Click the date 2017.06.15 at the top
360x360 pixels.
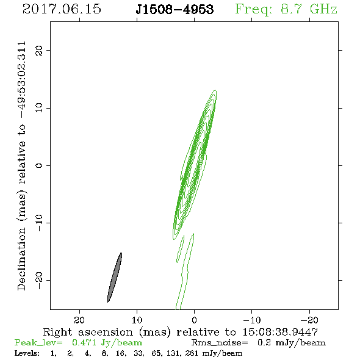pos(62,9)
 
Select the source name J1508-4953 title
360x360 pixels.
pos(175,9)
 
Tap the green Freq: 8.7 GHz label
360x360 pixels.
pos(286,9)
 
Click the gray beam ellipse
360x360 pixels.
pos(115,278)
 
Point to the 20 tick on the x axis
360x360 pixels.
pos(79,320)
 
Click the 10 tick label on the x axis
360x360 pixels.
pos(137,320)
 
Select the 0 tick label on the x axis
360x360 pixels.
pos(194,320)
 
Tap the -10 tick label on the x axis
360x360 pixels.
pos(252,320)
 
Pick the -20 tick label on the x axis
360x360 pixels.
pos(309,320)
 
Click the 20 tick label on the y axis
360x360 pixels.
pos(39,50)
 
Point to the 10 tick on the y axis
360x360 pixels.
pos(39,108)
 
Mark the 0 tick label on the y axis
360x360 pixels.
pos(39,165)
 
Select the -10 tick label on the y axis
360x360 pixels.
pos(39,223)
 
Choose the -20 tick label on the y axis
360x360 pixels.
pos(39,280)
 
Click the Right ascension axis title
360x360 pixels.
pos(181,333)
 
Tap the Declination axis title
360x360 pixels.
pos(21,166)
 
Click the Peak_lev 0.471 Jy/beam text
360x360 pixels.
pos(78,343)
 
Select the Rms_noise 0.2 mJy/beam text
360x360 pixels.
pos(259,343)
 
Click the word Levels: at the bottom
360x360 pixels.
pos(27,353)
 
